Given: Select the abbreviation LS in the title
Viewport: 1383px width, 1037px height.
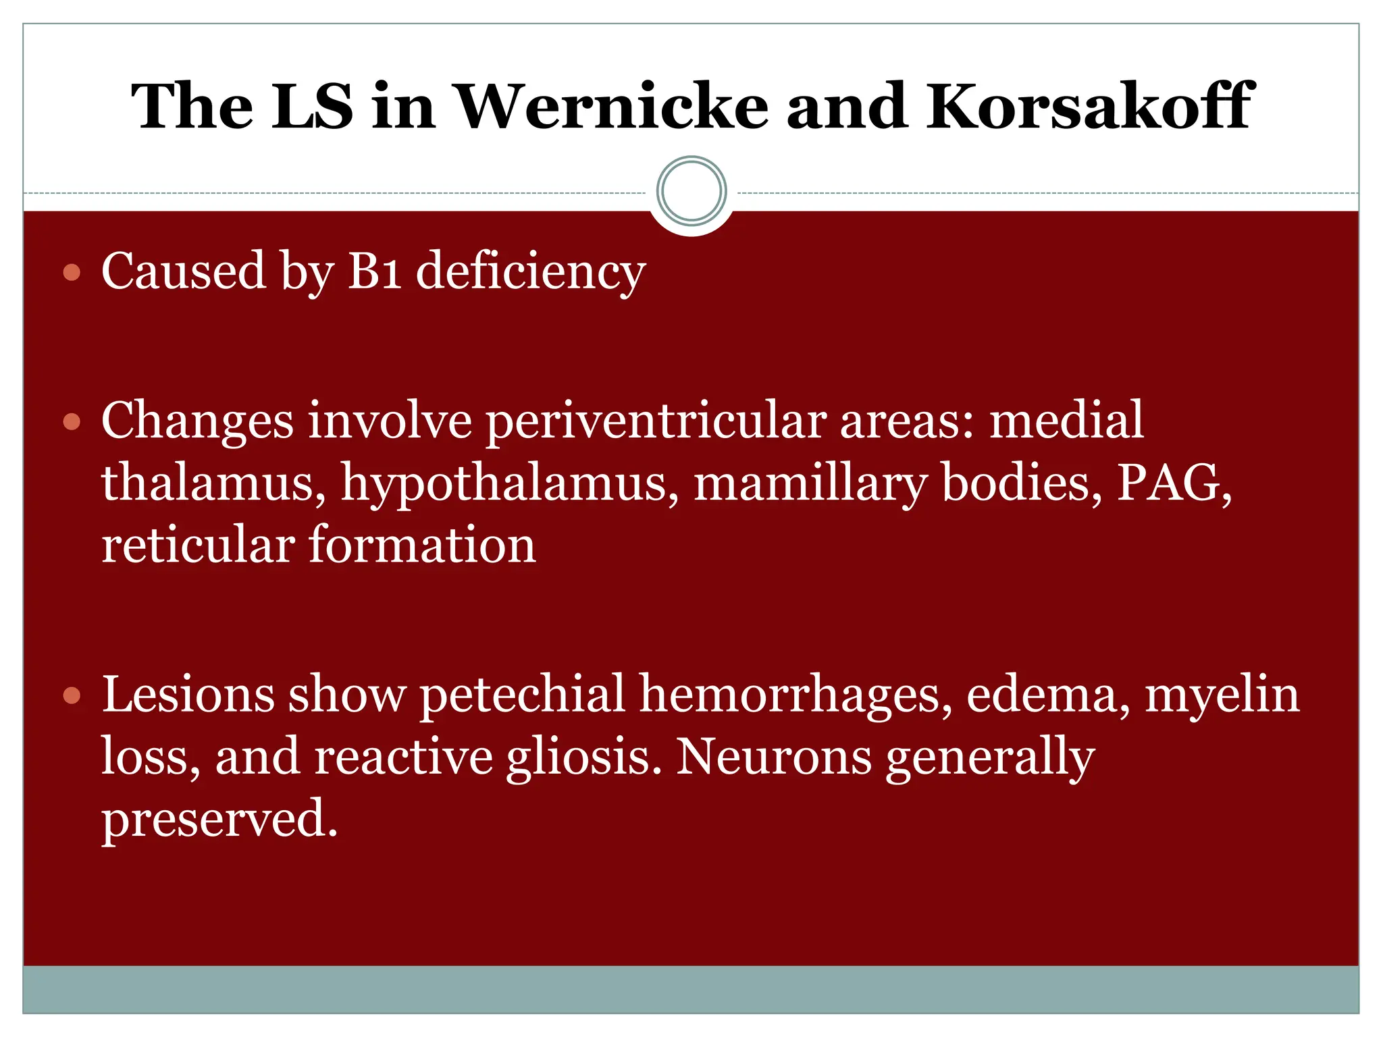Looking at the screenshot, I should click(312, 106).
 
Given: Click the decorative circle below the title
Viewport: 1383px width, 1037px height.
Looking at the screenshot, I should click(691, 191).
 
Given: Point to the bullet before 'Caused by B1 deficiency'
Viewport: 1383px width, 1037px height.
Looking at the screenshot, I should click(72, 273).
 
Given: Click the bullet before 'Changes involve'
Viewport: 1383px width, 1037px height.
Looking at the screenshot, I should click(72, 423).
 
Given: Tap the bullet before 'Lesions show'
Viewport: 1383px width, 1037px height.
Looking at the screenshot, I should click(72, 695).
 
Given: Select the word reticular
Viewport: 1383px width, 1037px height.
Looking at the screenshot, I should click(198, 546).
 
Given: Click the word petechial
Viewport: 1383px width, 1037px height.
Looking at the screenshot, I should click(522, 695).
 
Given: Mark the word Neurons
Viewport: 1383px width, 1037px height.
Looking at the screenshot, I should click(773, 756).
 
